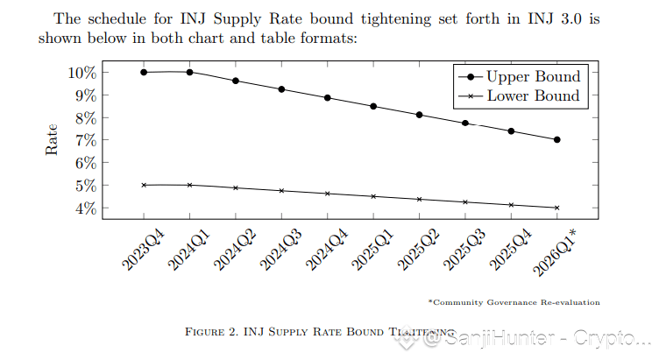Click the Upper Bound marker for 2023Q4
click(x=144, y=72)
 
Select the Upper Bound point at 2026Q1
click(x=557, y=140)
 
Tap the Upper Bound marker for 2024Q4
click(x=328, y=98)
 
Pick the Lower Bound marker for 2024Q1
click(x=189, y=185)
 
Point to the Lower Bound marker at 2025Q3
click(x=465, y=202)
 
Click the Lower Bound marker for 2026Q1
click(x=557, y=208)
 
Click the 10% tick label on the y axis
click(x=80, y=72)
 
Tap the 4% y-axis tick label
click(x=84, y=208)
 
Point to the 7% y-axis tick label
click(x=84, y=140)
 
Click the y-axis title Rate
click(x=52, y=139)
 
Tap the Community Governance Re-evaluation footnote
click(x=514, y=302)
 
